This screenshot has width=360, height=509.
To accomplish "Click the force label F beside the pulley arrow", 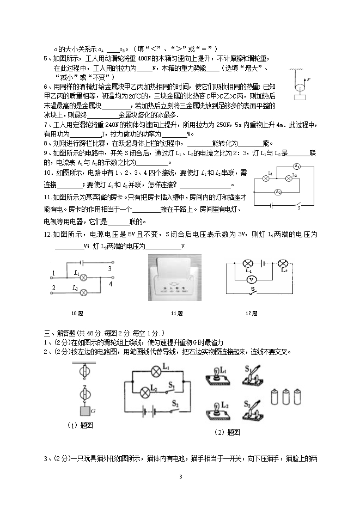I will [308, 79].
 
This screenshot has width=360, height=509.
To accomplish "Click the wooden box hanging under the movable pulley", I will [300, 98].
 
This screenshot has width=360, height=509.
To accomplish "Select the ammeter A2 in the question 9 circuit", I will [278, 192].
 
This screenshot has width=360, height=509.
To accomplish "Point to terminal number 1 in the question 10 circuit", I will [53, 273].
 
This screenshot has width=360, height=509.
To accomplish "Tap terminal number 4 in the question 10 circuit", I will [111, 284].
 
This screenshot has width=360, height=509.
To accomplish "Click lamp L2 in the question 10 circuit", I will [84, 292].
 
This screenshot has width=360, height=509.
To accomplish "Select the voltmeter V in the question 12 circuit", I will [251, 278].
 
